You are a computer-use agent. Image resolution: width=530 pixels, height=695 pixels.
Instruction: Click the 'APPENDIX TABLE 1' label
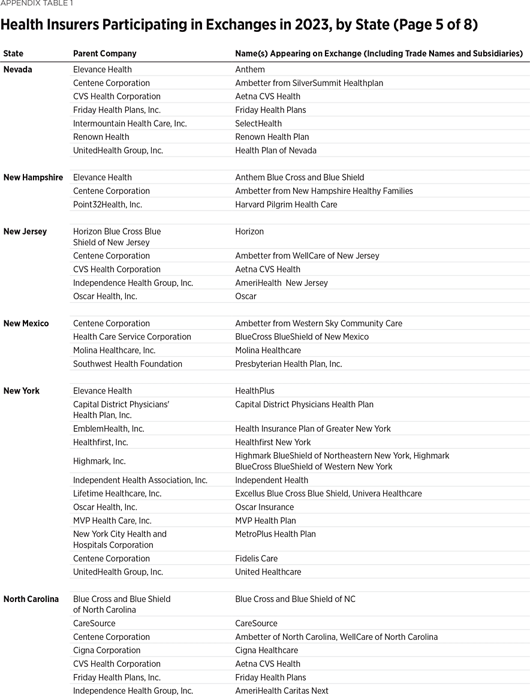point(37,3)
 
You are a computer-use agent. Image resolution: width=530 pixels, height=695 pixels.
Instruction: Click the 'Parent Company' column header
point(104,53)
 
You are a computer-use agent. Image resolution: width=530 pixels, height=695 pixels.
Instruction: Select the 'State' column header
point(13,53)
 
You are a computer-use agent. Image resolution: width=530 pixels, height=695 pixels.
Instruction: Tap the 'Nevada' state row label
point(18,70)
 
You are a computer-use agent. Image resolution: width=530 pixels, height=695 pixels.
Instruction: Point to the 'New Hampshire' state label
point(33,177)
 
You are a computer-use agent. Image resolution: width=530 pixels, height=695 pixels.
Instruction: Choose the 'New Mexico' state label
point(26,323)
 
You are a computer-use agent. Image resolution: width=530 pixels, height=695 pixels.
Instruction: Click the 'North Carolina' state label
point(31,599)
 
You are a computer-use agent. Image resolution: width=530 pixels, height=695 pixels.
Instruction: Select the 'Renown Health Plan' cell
point(272,137)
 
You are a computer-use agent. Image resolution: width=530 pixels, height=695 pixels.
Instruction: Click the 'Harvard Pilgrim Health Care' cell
point(286,204)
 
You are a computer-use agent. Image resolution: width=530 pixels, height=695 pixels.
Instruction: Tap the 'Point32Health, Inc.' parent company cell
point(107,204)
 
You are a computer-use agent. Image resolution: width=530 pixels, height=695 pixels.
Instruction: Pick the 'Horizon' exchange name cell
point(249,231)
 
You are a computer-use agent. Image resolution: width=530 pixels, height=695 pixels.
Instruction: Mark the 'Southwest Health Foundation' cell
point(128,364)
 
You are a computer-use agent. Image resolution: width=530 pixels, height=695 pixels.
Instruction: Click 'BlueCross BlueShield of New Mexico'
point(302,337)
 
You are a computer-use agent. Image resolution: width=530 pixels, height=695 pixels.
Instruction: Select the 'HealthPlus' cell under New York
point(255,391)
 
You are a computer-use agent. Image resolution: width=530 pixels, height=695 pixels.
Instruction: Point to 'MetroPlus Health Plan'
point(275,534)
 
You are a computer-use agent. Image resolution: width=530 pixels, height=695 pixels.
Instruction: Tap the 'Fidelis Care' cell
point(256,559)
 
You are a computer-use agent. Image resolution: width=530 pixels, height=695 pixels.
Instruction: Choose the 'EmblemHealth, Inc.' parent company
point(109,429)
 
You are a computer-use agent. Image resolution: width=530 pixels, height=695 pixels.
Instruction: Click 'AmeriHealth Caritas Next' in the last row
point(282,691)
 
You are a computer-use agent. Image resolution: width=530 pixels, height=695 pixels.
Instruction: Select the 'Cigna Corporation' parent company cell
point(107,651)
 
